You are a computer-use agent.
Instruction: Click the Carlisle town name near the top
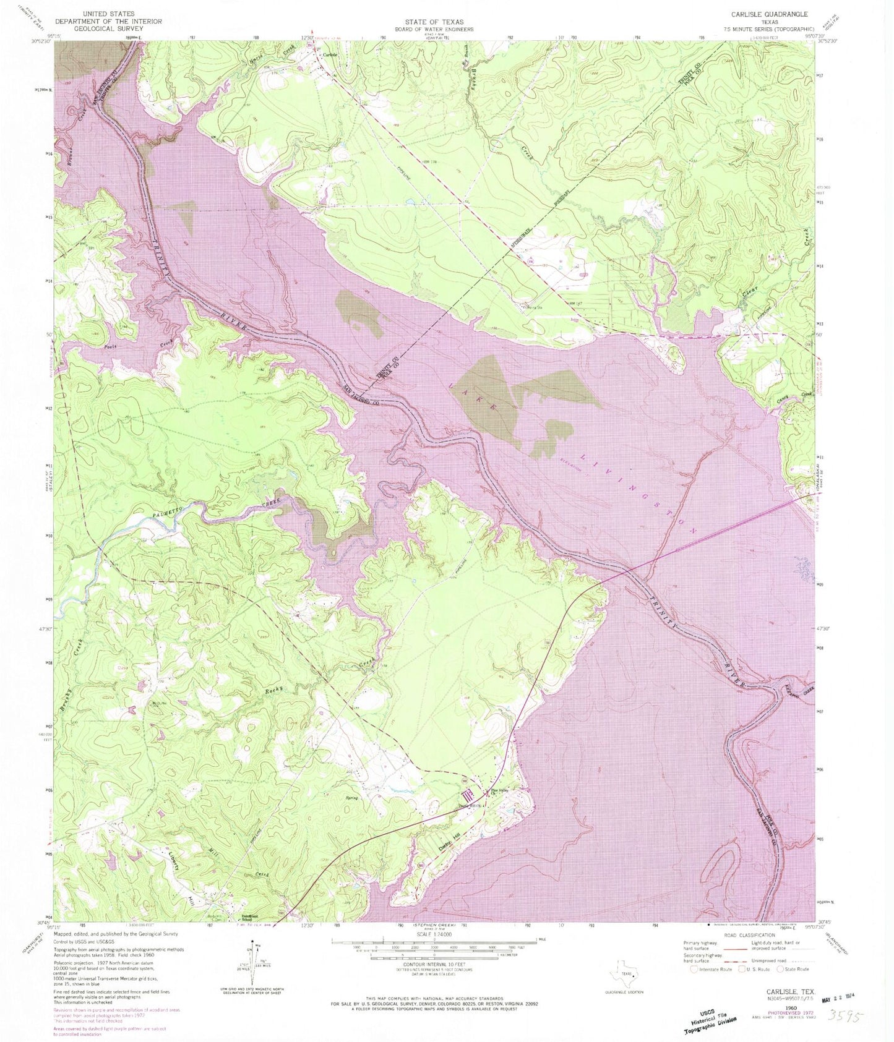pyautogui.click(x=330, y=55)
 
